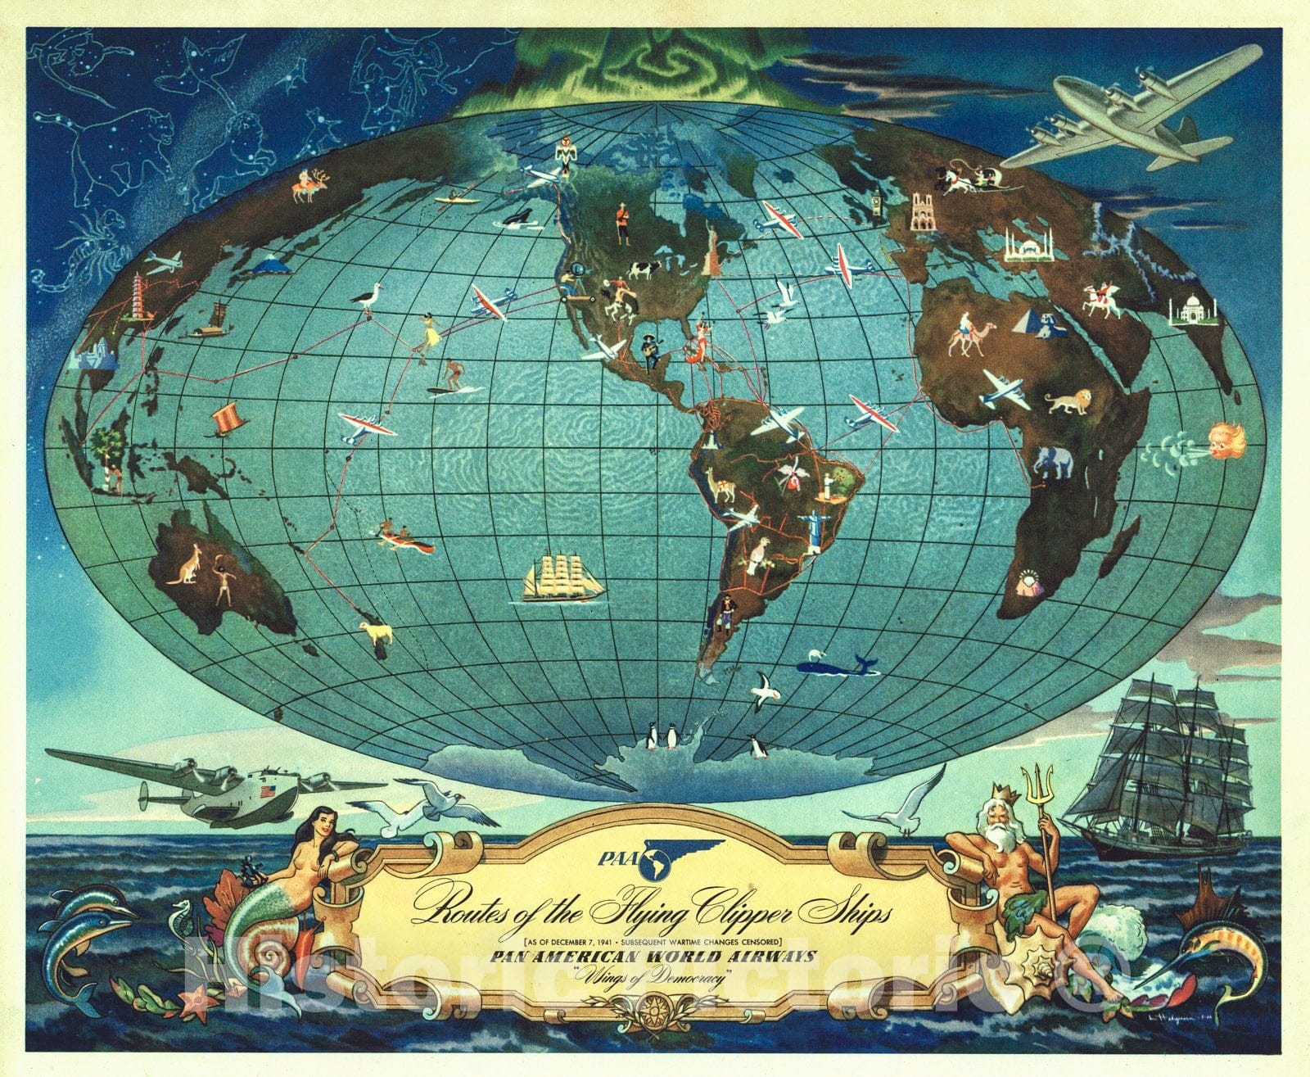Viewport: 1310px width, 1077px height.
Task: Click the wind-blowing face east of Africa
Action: [x=1226, y=439]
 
